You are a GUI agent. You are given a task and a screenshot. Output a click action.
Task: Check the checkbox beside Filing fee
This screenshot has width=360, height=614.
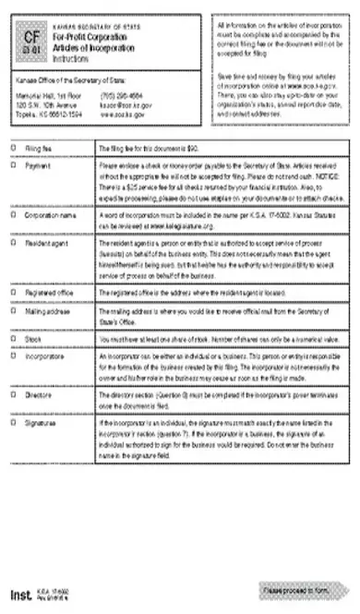(13, 147)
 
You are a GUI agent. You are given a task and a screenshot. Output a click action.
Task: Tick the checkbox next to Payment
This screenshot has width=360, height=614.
(13, 166)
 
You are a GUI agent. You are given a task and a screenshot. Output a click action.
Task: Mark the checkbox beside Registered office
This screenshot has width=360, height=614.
(13, 293)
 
